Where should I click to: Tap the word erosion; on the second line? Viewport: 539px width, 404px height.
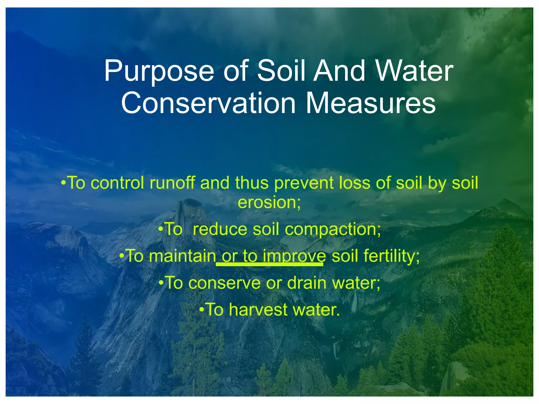pos(269,203)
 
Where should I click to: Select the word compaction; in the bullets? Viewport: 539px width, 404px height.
pos(333,230)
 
